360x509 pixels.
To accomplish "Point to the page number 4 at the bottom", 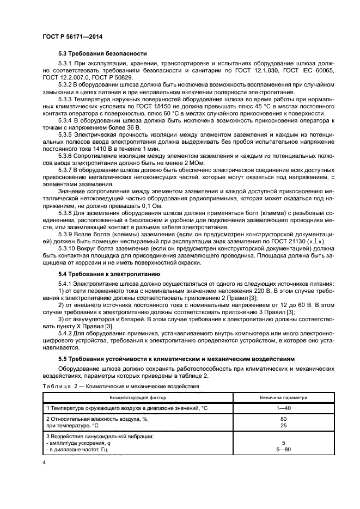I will coord(44,462).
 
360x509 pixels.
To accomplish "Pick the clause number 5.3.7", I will coord(65,170).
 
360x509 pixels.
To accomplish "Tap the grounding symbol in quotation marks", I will coord(322,242).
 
